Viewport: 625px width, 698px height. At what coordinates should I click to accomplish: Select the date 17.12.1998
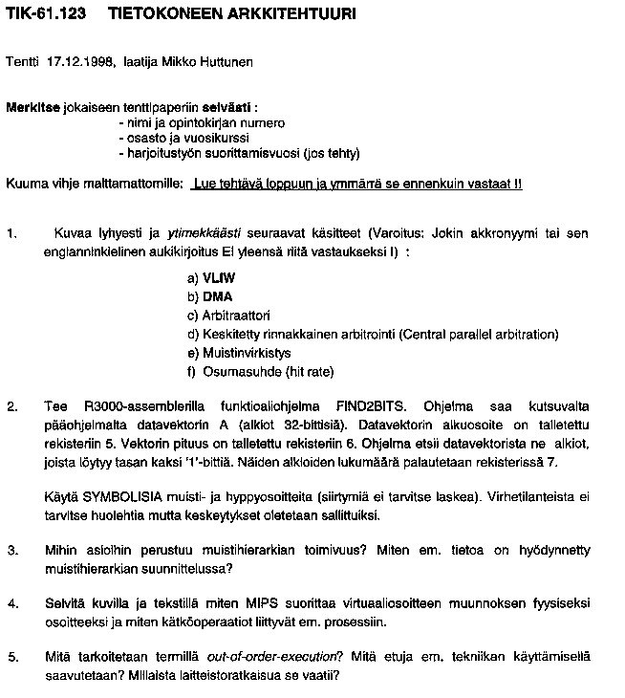point(81,63)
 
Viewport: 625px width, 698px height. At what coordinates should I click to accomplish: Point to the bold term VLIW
point(219,278)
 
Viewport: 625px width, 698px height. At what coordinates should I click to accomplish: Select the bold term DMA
point(218,296)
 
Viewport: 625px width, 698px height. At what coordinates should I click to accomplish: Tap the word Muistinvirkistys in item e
point(247,352)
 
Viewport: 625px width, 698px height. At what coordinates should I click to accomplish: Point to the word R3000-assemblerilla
point(139,406)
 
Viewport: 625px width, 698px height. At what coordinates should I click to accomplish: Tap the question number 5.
point(11,657)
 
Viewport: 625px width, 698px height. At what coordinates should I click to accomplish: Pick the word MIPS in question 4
point(261,603)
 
